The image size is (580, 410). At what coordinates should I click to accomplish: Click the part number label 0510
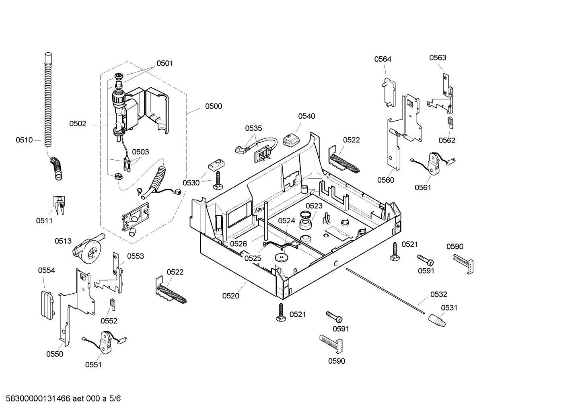[x=24, y=140]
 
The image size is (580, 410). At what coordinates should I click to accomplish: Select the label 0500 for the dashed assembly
[x=214, y=106]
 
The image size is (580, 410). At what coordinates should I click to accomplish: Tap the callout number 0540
[x=306, y=116]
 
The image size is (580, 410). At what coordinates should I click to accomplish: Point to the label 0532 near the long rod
[x=439, y=294]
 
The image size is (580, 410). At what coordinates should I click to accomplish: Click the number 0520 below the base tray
[x=231, y=296]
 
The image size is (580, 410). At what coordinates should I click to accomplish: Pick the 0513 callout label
[x=63, y=241]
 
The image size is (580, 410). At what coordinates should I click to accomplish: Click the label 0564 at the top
[x=383, y=59]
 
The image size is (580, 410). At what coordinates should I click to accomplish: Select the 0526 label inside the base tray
[x=239, y=244]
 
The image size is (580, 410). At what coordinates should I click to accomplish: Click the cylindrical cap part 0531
[x=437, y=320]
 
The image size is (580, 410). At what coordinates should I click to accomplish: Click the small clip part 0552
[x=113, y=304]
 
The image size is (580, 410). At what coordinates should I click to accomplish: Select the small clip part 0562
[x=450, y=122]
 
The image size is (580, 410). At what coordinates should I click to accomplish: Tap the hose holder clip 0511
[x=59, y=205]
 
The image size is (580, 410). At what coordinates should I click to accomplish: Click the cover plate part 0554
[x=47, y=305]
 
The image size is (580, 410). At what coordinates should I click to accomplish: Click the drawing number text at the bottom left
[x=63, y=398]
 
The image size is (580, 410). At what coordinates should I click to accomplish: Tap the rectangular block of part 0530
[x=216, y=165]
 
